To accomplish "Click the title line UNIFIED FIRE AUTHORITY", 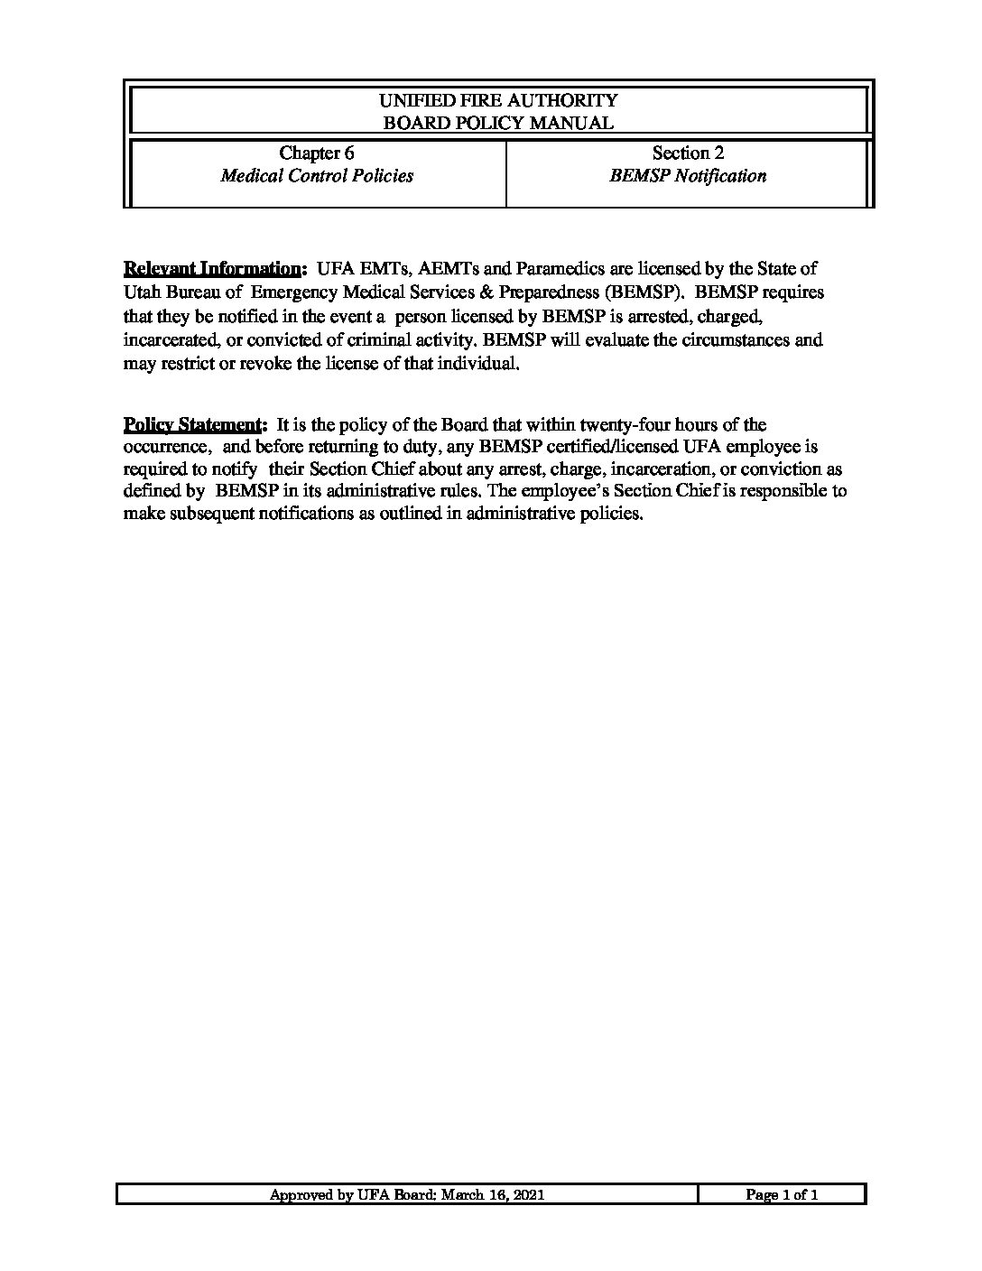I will (x=498, y=100).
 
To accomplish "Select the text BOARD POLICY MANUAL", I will (x=498, y=123).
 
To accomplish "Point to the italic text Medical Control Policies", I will (x=317, y=176).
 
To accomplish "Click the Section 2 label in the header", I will (x=688, y=153).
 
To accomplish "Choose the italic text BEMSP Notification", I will (x=688, y=176).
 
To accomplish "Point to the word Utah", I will (x=142, y=292).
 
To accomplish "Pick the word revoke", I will (x=268, y=365).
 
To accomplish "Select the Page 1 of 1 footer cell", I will (x=782, y=1195).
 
